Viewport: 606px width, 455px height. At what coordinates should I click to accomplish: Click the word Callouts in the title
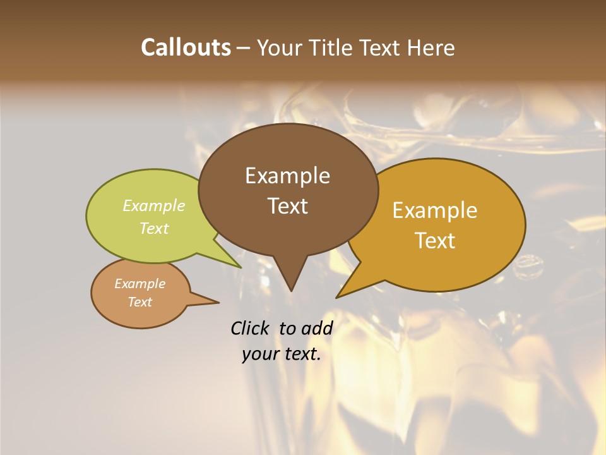click(x=186, y=47)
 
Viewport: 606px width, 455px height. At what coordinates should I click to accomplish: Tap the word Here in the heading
click(x=431, y=47)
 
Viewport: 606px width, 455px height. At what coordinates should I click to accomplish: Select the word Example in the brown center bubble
click(x=287, y=176)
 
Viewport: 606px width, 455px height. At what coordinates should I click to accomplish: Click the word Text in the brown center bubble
click(x=287, y=206)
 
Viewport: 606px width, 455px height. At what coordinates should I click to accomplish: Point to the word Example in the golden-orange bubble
click(x=435, y=210)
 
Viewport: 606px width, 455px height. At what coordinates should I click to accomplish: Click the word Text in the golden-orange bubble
click(x=435, y=241)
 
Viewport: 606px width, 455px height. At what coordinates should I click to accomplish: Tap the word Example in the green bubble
click(x=153, y=205)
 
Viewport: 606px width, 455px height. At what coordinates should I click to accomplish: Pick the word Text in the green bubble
click(x=153, y=228)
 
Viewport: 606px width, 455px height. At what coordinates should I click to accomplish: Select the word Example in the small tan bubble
click(x=140, y=284)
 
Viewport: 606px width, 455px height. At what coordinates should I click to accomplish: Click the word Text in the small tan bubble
click(x=140, y=302)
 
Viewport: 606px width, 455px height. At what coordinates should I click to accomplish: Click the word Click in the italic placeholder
click(x=251, y=328)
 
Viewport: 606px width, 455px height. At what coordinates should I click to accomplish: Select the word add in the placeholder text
click(x=317, y=328)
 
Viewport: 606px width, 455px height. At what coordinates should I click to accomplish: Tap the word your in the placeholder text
click(x=259, y=355)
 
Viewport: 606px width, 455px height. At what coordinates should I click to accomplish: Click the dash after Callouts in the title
click(x=243, y=48)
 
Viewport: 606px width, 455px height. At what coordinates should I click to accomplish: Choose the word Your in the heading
click(x=280, y=47)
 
